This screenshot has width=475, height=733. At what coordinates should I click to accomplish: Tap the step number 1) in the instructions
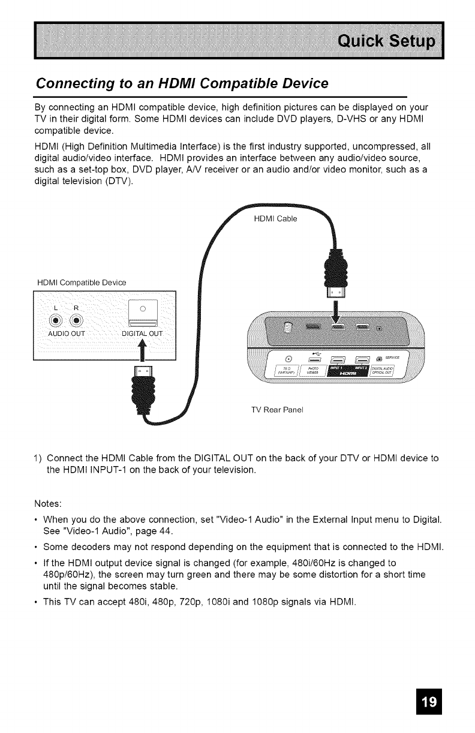[x=38, y=458]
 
